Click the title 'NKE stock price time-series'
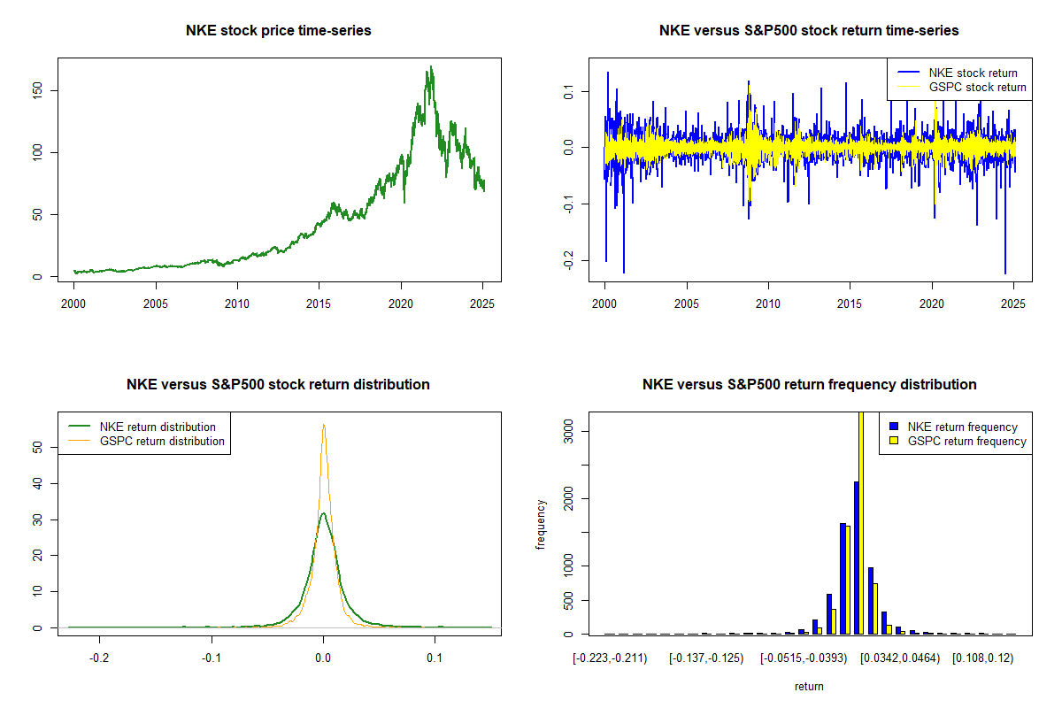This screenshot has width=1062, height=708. point(279,31)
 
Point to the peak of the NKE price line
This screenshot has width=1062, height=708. point(431,67)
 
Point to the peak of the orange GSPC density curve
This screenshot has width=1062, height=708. point(324,425)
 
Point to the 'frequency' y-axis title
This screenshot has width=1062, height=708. point(541,524)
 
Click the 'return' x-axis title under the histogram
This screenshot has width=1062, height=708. point(809,687)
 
